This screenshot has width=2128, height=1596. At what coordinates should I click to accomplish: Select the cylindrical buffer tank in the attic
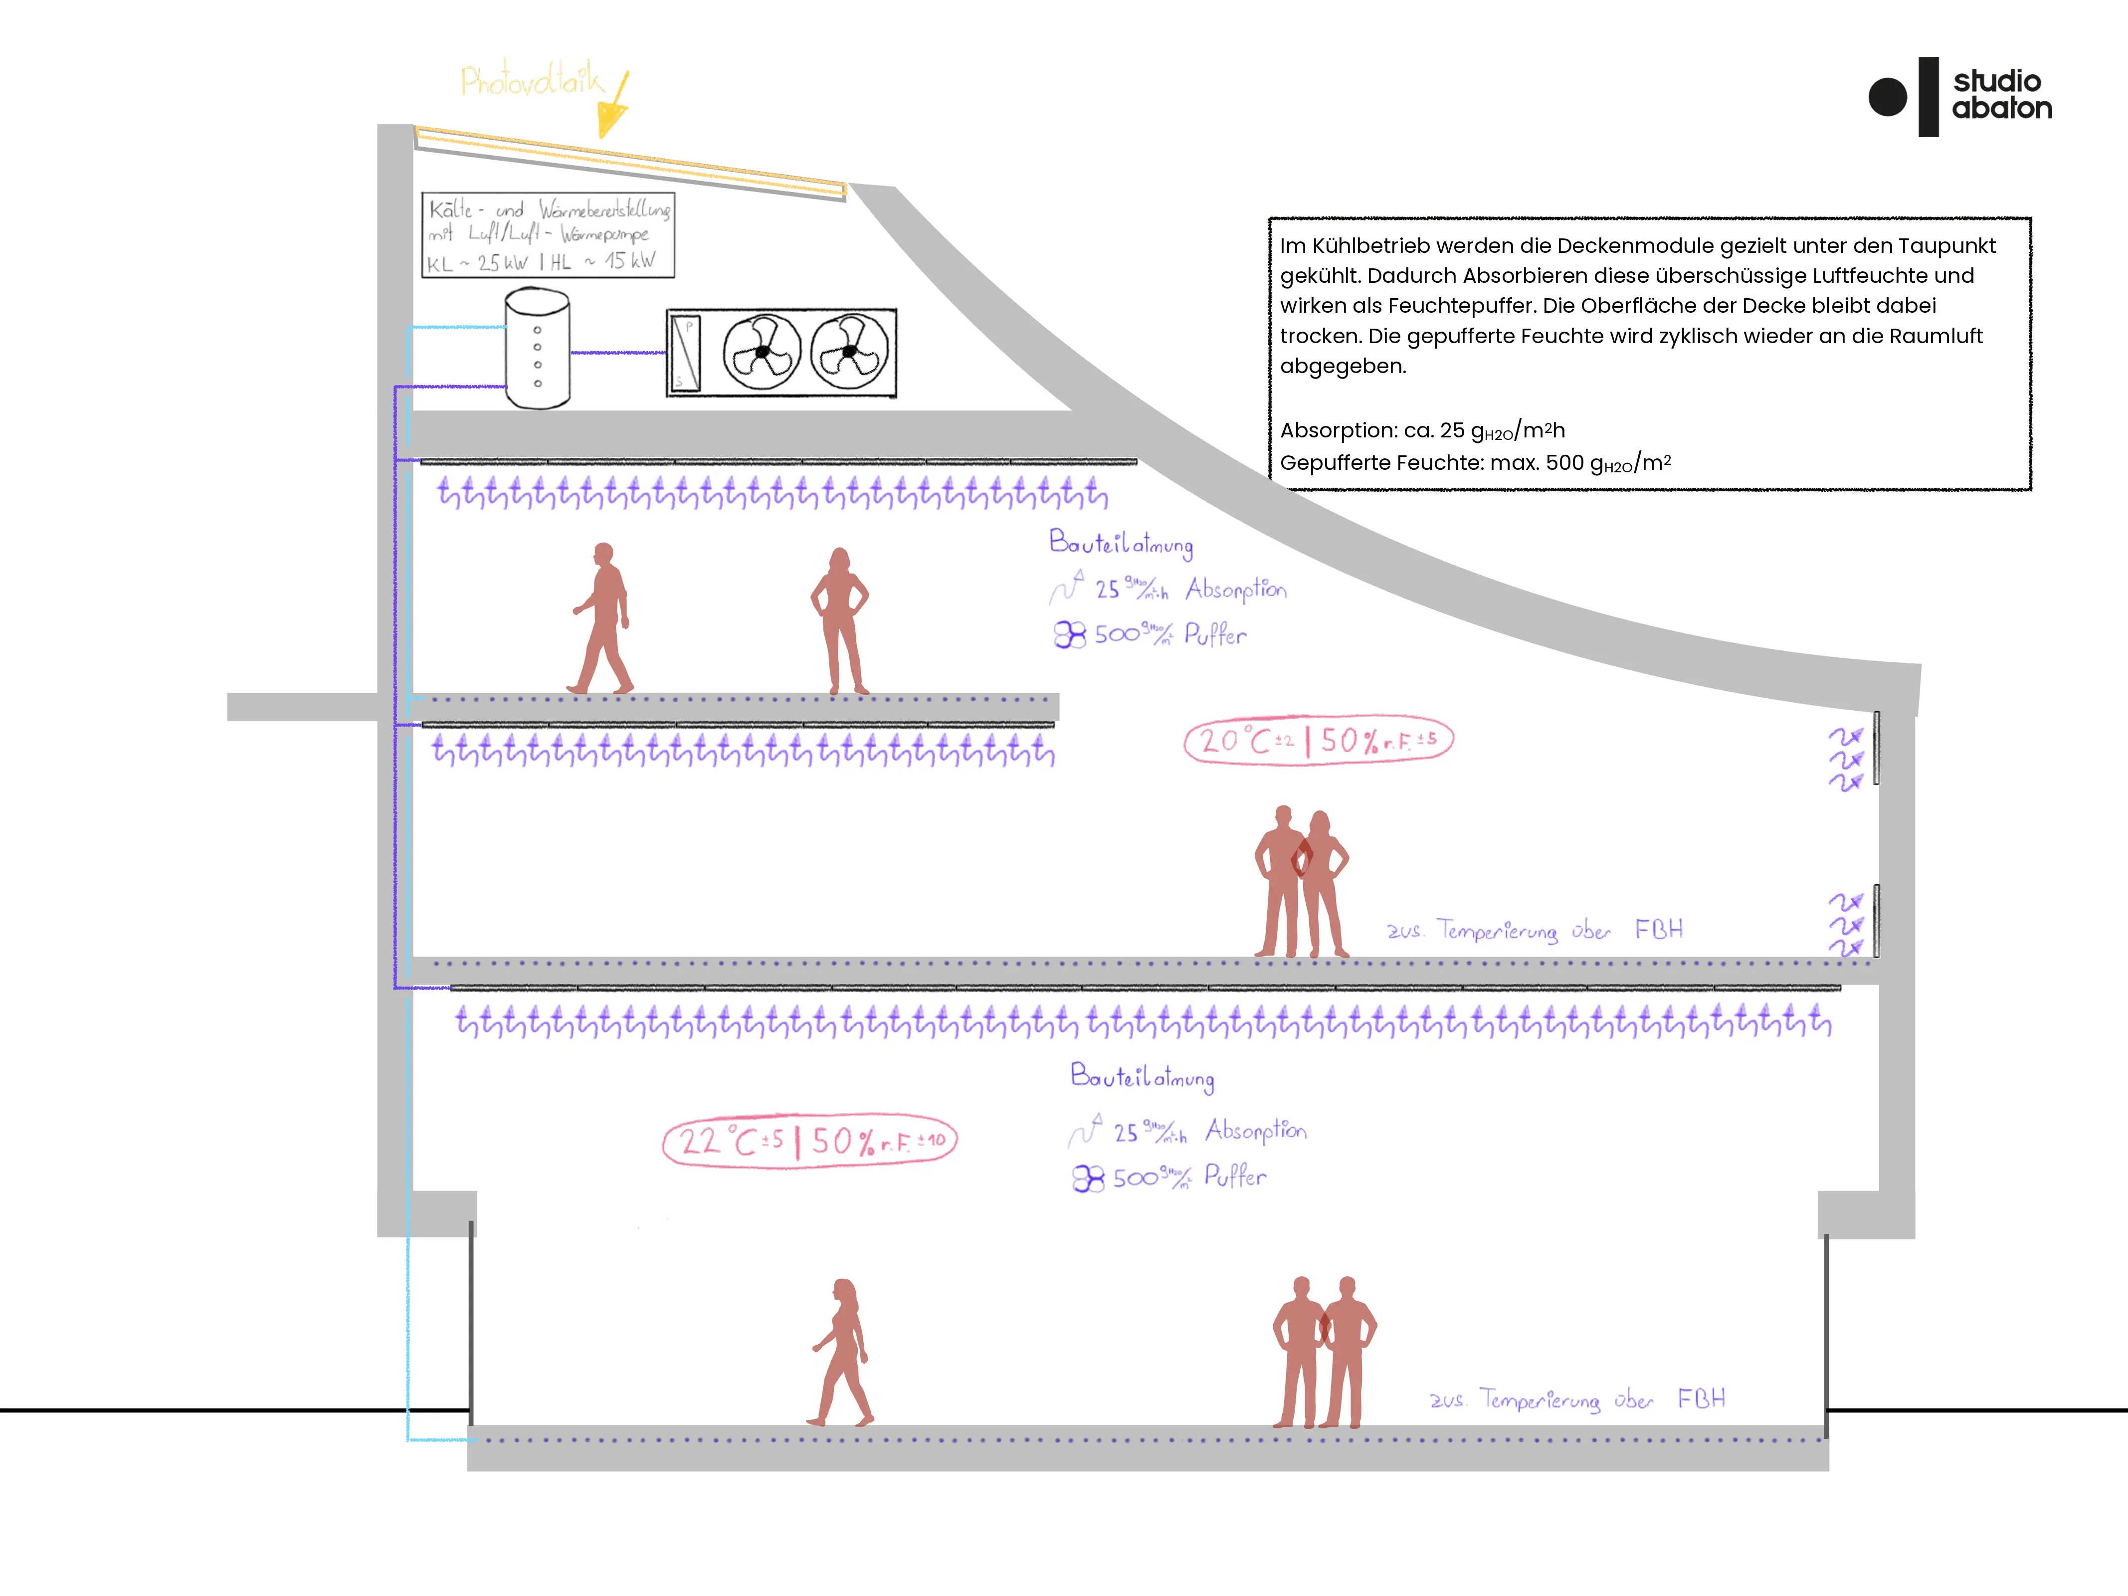[538, 349]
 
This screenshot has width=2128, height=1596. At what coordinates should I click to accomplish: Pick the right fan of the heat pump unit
[849, 352]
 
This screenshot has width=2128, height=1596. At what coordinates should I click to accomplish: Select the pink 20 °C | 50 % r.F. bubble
[1318, 741]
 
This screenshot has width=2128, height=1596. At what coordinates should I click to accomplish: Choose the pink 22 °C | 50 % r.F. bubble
[810, 1142]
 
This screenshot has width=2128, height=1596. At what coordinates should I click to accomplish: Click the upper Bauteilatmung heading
[1121, 544]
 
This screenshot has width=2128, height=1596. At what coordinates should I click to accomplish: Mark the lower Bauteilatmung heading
[1142, 1077]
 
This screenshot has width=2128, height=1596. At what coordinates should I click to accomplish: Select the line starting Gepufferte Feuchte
[1475, 463]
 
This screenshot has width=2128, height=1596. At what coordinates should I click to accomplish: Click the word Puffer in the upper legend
[1215, 635]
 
